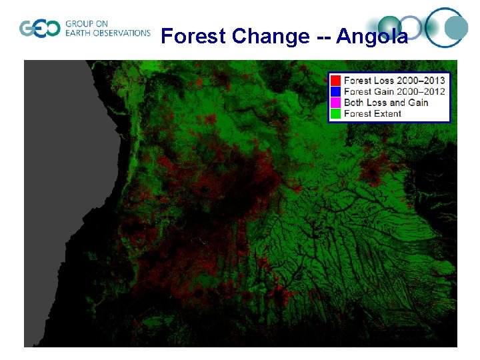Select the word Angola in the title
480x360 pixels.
point(372,36)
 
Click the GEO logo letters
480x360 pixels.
point(39,29)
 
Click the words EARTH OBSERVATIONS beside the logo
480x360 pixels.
point(108,33)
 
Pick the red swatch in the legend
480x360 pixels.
point(336,81)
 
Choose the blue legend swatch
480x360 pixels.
point(336,91)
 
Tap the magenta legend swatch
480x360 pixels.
point(336,102)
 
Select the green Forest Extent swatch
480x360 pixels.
point(336,113)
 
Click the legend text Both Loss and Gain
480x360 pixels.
point(386,102)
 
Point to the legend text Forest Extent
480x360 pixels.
point(373,113)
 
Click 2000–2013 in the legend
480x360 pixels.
point(421,81)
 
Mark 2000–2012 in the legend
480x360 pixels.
point(421,91)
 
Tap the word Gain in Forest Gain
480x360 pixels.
point(385,91)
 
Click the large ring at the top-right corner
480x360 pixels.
point(446,28)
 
